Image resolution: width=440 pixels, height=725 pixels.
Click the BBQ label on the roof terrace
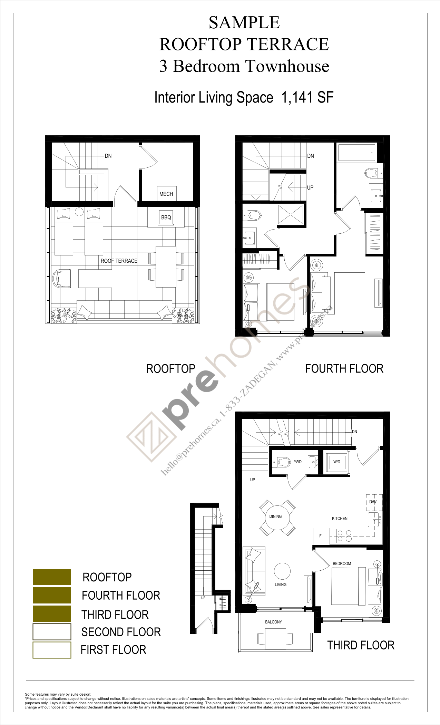tap(166, 217)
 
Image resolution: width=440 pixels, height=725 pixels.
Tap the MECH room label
tap(166, 194)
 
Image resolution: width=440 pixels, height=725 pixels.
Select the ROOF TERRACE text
tap(119, 261)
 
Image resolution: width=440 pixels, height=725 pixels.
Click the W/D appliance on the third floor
tap(337, 462)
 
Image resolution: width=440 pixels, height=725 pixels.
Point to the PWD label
tap(297, 462)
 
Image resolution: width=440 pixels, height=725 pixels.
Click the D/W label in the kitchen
tap(373, 502)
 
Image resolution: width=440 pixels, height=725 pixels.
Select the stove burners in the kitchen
tap(345, 535)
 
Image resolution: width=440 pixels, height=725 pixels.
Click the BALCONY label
tap(273, 622)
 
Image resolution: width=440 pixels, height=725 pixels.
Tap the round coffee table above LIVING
tap(282, 571)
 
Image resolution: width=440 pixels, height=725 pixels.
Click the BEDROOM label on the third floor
tap(342, 563)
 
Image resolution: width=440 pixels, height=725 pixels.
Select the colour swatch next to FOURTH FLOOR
tap(52, 595)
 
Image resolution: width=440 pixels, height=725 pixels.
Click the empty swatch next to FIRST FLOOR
tap(52, 650)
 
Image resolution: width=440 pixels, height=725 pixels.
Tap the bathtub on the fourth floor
tap(356, 153)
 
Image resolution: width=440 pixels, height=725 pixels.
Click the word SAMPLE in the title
tap(244, 23)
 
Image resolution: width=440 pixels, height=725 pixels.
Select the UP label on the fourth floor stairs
tap(310, 187)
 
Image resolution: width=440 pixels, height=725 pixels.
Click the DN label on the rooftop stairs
tap(108, 156)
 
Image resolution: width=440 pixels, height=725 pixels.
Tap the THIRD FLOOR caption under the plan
tap(361, 645)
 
